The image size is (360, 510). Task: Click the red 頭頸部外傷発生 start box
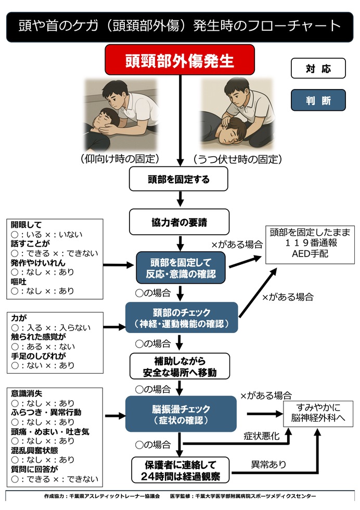click(x=179, y=59)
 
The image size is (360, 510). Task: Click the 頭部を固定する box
click(x=179, y=180)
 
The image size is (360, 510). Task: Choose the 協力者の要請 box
click(x=179, y=222)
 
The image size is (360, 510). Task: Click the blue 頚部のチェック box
click(x=181, y=317)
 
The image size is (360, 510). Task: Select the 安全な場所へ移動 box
click(x=179, y=366)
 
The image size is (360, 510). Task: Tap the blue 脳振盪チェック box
click(x=181, y=414)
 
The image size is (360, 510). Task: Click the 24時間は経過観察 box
click(x=179, y=469)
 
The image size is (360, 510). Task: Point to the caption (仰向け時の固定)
click(x=120, y=159)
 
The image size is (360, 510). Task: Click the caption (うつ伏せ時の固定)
click(x=237, y=159)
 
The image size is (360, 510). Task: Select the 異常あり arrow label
click(x=268, y=464)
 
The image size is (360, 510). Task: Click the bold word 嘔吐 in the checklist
click(x=20, y=282)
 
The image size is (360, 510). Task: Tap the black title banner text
click(x=179, y=26)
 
